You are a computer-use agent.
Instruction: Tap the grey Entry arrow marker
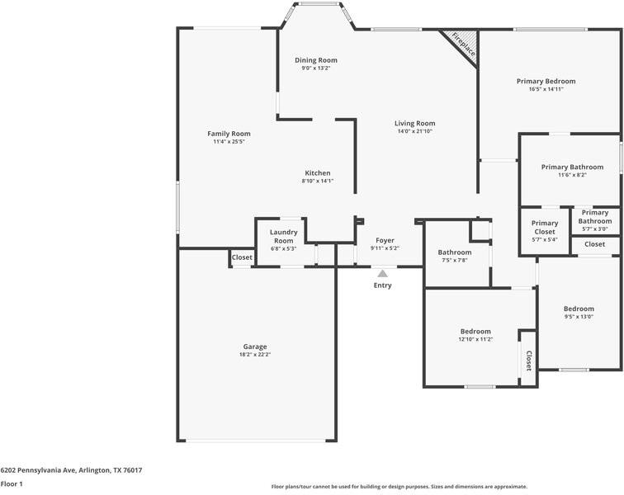(x=382, y=274)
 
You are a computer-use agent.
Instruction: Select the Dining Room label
(x=316, y=60)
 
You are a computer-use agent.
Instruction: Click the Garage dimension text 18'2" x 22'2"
(x=255, y=355)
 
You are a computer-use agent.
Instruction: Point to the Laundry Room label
(x=284, y=236)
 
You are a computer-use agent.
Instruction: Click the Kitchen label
(x=318, y=173)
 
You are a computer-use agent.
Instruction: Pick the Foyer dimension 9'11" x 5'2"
(x=385, y=248)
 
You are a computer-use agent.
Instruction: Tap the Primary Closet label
(x=545, y=227)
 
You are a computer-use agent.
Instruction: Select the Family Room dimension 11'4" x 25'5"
(x=229, y=142)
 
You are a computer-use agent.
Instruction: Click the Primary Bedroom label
(x=546, y=81)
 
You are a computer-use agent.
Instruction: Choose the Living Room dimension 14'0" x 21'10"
(x=415, y=131)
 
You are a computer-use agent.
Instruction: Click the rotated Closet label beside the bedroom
(x=529, y=361)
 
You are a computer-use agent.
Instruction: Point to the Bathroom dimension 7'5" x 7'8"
(x=455, y=260)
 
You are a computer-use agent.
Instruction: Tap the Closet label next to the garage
(x=242, y=257)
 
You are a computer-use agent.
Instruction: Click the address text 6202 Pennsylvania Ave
(x=38, y=470)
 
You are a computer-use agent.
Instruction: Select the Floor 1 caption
(x=12, y=483)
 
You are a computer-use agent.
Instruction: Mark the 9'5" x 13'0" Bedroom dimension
(x=579, y=317)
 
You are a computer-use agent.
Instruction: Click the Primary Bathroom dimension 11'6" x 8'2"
(x=572, y=175)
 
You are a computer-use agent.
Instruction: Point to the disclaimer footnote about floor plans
(x=399, y=486)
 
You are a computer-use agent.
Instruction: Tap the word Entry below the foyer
(x=382, y=285)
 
